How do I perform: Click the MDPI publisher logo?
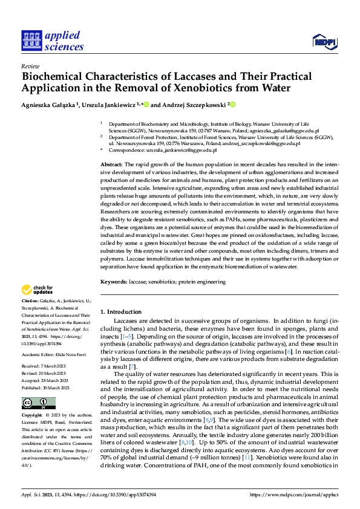point(323,41)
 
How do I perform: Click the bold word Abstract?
point(111,164)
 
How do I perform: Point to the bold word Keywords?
point(114,282)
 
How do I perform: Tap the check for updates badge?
point(38,290)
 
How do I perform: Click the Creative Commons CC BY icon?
point(38,403)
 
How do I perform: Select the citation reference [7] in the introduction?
point(133,367)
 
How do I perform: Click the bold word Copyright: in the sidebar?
point(32,416)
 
